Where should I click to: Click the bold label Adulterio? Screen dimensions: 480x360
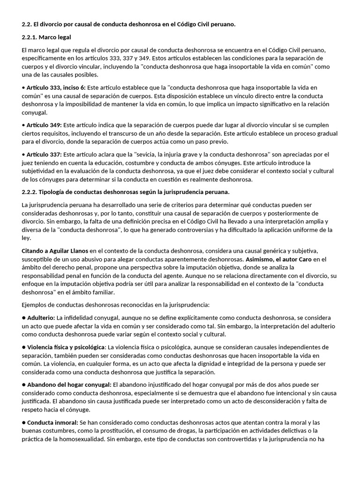click(41, 318)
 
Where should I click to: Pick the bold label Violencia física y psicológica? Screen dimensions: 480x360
click(66, 347)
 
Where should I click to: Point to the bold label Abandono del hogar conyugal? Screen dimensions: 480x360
click(69, 384)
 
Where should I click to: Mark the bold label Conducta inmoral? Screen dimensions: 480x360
click(52, 422)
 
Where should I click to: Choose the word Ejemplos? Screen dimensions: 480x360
click(35, 305)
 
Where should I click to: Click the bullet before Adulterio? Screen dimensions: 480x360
click(23, 318)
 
